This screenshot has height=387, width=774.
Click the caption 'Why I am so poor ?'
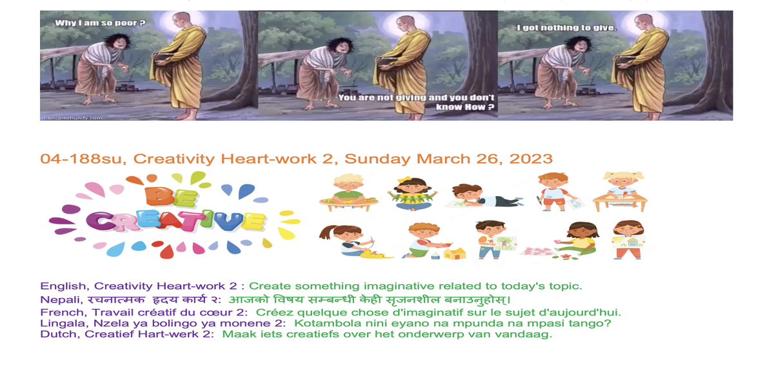[x=100, y=23]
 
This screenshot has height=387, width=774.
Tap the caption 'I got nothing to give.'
[x=566, y=28]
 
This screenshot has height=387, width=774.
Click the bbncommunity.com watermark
[x=74, y=118]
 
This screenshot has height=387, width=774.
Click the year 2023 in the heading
[x=531, y=159]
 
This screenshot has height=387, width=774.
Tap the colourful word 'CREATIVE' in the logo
[x=176, y=221]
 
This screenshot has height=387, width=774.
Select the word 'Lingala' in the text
[x=64, y=324]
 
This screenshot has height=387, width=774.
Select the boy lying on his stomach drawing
[x=486, y=196]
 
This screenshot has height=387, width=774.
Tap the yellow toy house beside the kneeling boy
[x=454, y=253]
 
